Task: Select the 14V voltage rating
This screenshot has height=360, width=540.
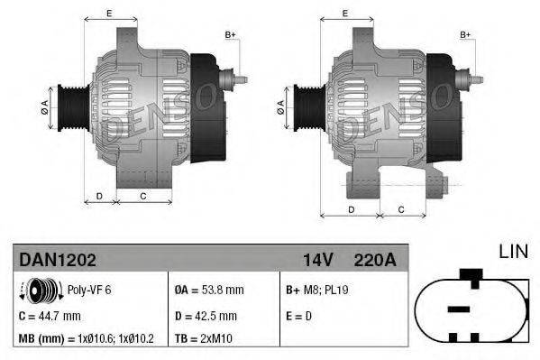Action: click(x=318, y=260)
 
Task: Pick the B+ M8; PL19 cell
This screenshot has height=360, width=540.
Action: click(x=317, y=291)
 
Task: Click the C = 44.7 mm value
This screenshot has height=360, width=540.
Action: click(x=50, y=316)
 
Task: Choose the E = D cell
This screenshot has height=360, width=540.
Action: click(x=299, y=316)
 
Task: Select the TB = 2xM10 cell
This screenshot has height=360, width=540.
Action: click(x=206, y=338)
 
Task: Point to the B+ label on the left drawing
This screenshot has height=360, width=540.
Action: click(x=229, y=34)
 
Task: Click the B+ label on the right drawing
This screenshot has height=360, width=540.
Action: click(x=465, y=34)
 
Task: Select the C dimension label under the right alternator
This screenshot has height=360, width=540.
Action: click(x=399, y=208)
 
